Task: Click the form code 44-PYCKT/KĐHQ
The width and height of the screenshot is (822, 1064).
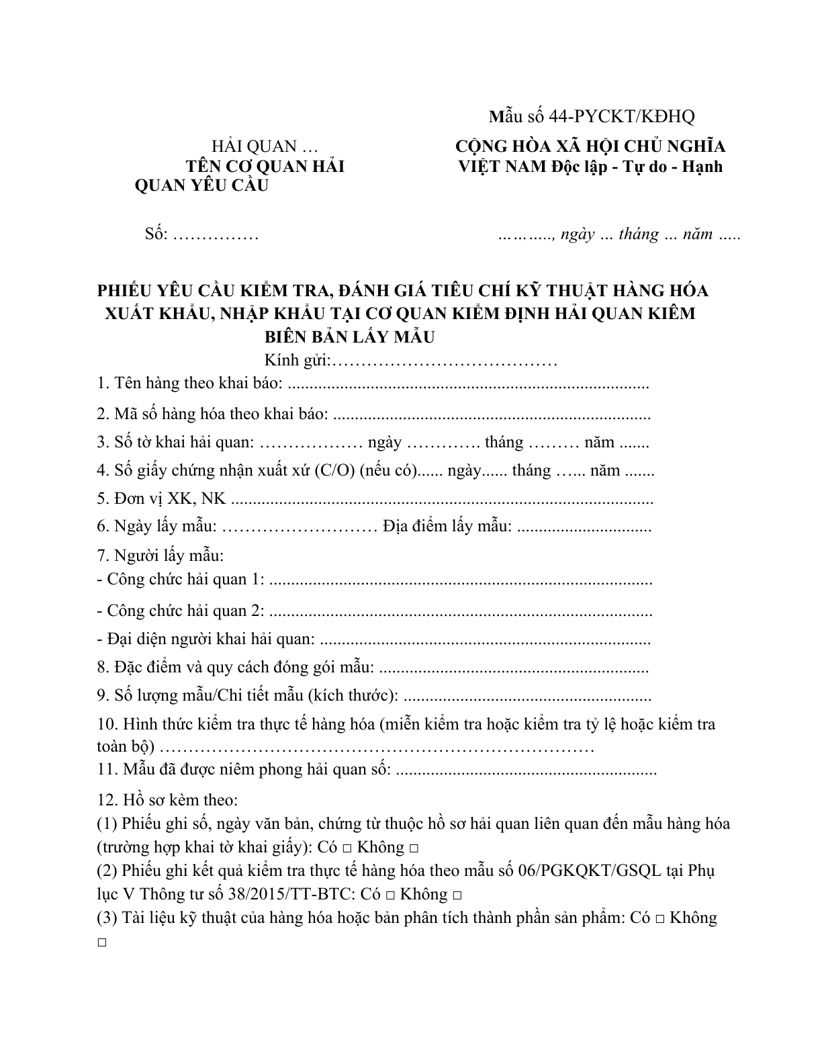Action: click(621, 116)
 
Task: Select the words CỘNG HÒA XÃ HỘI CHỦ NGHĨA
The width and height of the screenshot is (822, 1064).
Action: click(590, 146)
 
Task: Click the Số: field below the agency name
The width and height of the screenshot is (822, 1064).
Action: click(201, 234)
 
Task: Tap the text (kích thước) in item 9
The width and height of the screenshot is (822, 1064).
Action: click(352, 696)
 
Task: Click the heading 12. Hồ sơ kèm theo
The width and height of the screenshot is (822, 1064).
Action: click(167, 800)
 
